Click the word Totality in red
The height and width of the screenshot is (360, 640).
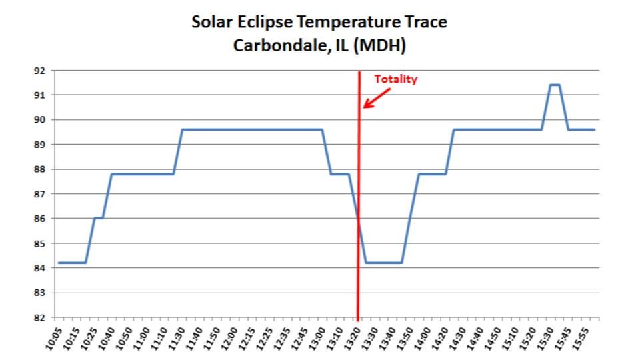(395, 79)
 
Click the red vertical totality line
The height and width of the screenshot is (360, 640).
(359, 167)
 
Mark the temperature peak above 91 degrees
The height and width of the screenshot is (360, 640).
(554, 85)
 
